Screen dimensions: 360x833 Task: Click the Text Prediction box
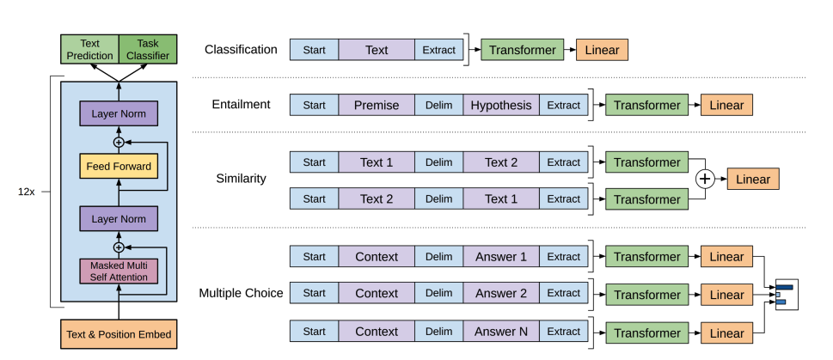(x=89, y=49)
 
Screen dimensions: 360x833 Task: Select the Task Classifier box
(x=148, y=49)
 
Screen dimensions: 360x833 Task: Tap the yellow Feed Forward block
(x=119, y=166)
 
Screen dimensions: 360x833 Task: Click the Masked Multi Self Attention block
(x=119, y=271)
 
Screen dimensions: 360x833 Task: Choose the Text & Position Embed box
(x=119, y=334)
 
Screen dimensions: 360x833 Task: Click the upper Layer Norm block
(x=119, y=113)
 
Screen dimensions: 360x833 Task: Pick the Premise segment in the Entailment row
(x=377, y=105)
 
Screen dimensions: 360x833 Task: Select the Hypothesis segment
(x=501, y=105)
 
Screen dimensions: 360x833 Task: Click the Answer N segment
(x=501, y=331)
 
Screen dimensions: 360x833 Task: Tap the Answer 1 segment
(x=501, y=256)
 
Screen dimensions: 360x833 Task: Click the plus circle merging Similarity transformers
(x=705, y=180)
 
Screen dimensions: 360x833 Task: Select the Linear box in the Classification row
(x=602, y=50)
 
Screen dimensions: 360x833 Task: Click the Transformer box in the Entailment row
(x=646, y=105)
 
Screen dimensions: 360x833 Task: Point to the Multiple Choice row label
(x=241, y=293)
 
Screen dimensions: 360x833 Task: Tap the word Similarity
(x=241, y=180)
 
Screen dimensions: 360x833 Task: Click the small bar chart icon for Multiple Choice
(x=786, y=294)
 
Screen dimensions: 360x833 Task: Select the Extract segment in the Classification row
(x=438, y=50)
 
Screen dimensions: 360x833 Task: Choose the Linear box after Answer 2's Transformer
(x=727, y=294)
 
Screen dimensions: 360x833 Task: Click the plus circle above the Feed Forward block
(x=119, y=141)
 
